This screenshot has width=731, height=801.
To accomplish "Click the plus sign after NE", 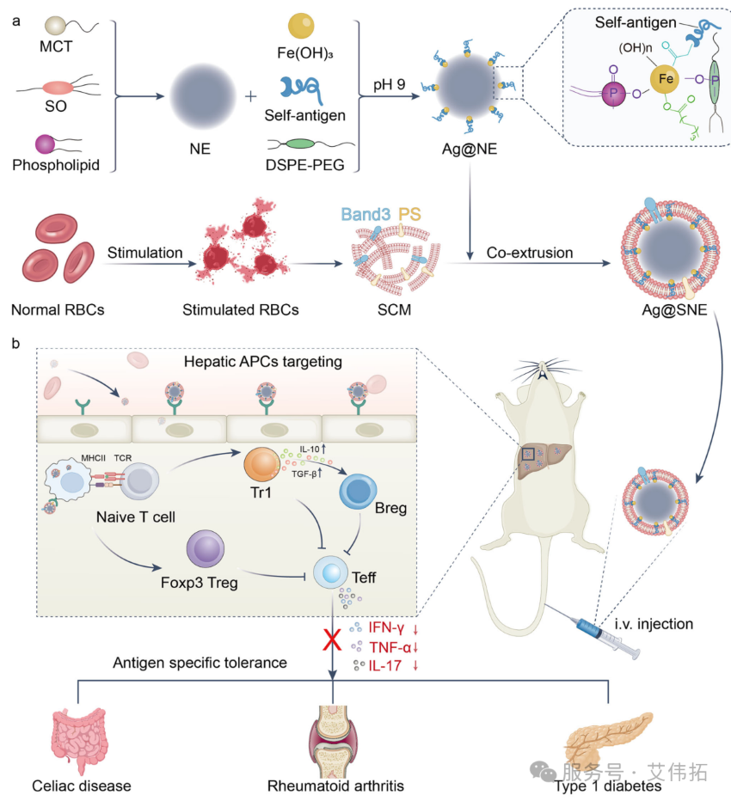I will click(251, 96).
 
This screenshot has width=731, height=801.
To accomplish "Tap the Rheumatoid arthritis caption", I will click(335, 786).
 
